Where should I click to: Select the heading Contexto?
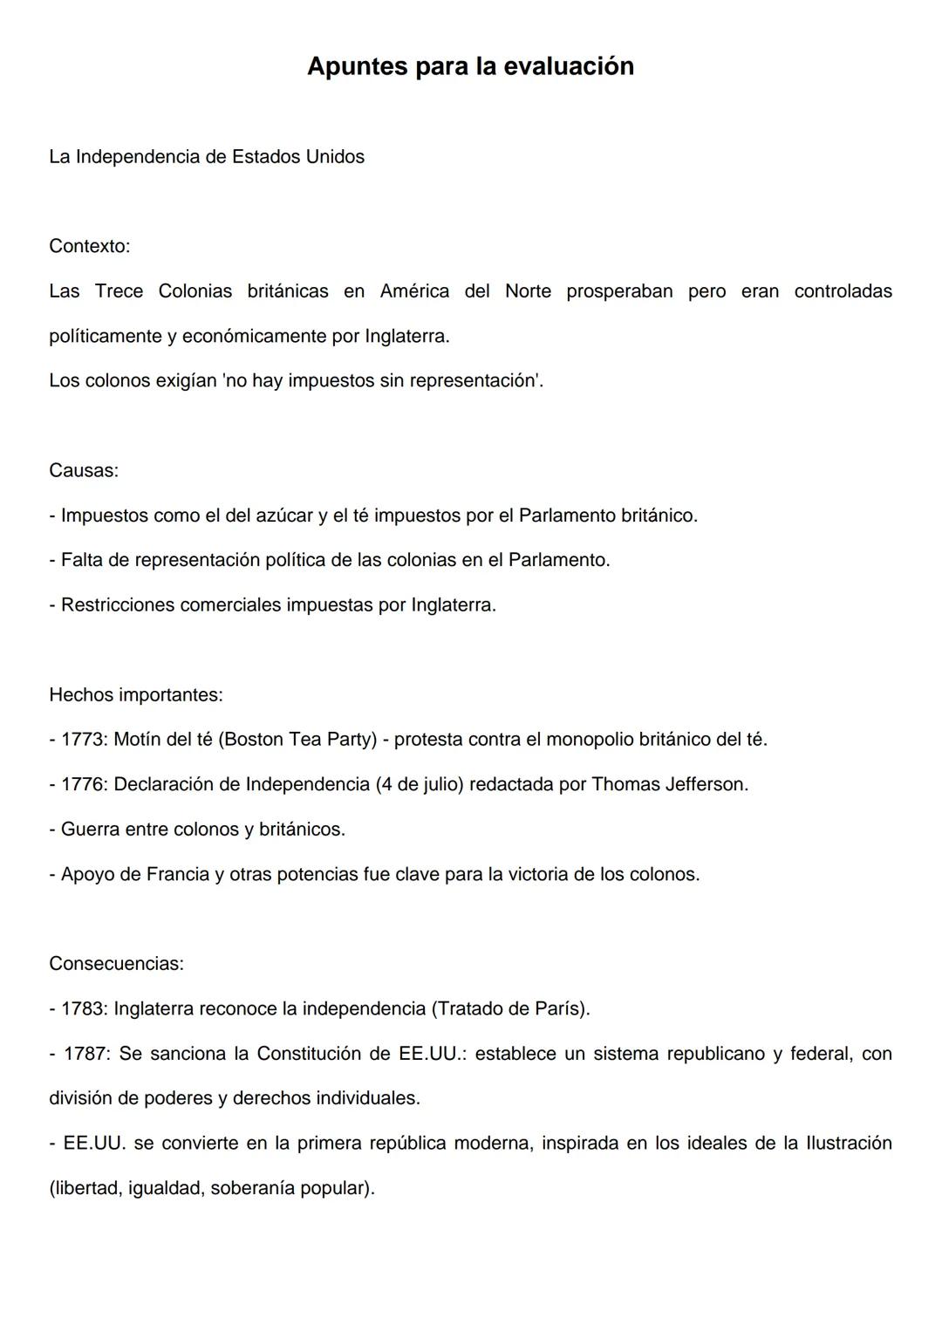89,246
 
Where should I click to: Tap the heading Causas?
84,470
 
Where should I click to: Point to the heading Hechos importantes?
136,694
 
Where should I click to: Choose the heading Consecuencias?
116,963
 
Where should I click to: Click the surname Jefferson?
706,784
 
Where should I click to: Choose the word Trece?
119,291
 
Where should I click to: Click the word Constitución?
323,1054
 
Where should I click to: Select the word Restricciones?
117,605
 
